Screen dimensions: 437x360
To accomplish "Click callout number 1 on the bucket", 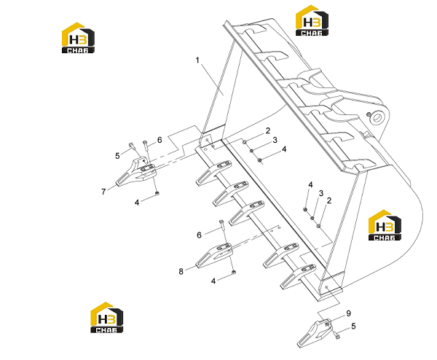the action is [x=197, y=60].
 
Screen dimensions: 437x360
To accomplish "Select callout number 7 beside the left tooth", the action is [x=103, y=192].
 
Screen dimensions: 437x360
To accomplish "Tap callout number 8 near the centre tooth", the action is [x=181, y=271].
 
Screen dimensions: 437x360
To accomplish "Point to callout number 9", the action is [x=348, y=313].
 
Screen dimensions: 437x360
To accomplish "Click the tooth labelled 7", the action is [x=137, y=172].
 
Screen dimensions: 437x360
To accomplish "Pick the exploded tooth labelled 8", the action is [x=214, y=256].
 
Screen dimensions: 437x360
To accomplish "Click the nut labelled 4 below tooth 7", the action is [x=157, y=193].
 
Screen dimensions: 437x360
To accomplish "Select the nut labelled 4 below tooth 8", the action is [x=234, y=272].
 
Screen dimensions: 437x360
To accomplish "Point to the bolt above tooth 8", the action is [x=224, y=232].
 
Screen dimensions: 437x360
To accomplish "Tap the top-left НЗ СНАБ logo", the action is [x=78, y=38].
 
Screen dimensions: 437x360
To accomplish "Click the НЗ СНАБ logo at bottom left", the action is [x=107, y=317].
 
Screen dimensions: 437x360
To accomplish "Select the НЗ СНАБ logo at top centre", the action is [x=312, y=20].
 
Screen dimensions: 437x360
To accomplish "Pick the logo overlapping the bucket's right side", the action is [x=385, y=225].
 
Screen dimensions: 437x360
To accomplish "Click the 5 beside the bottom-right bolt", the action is [x=353, y=326].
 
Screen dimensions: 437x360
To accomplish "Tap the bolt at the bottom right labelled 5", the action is [x=337, y=336].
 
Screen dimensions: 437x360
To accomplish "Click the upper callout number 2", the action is [x=268, y=130].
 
